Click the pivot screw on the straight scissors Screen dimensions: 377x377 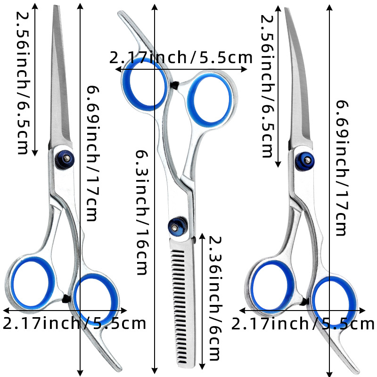[x=64, y=158]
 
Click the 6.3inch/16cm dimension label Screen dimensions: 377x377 [x=143, y=212]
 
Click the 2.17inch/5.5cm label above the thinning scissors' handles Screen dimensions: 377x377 [x=181, y=57]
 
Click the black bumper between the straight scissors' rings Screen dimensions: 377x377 [x=66, y=297]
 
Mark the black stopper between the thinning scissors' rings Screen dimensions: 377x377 [x=175, y=85]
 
